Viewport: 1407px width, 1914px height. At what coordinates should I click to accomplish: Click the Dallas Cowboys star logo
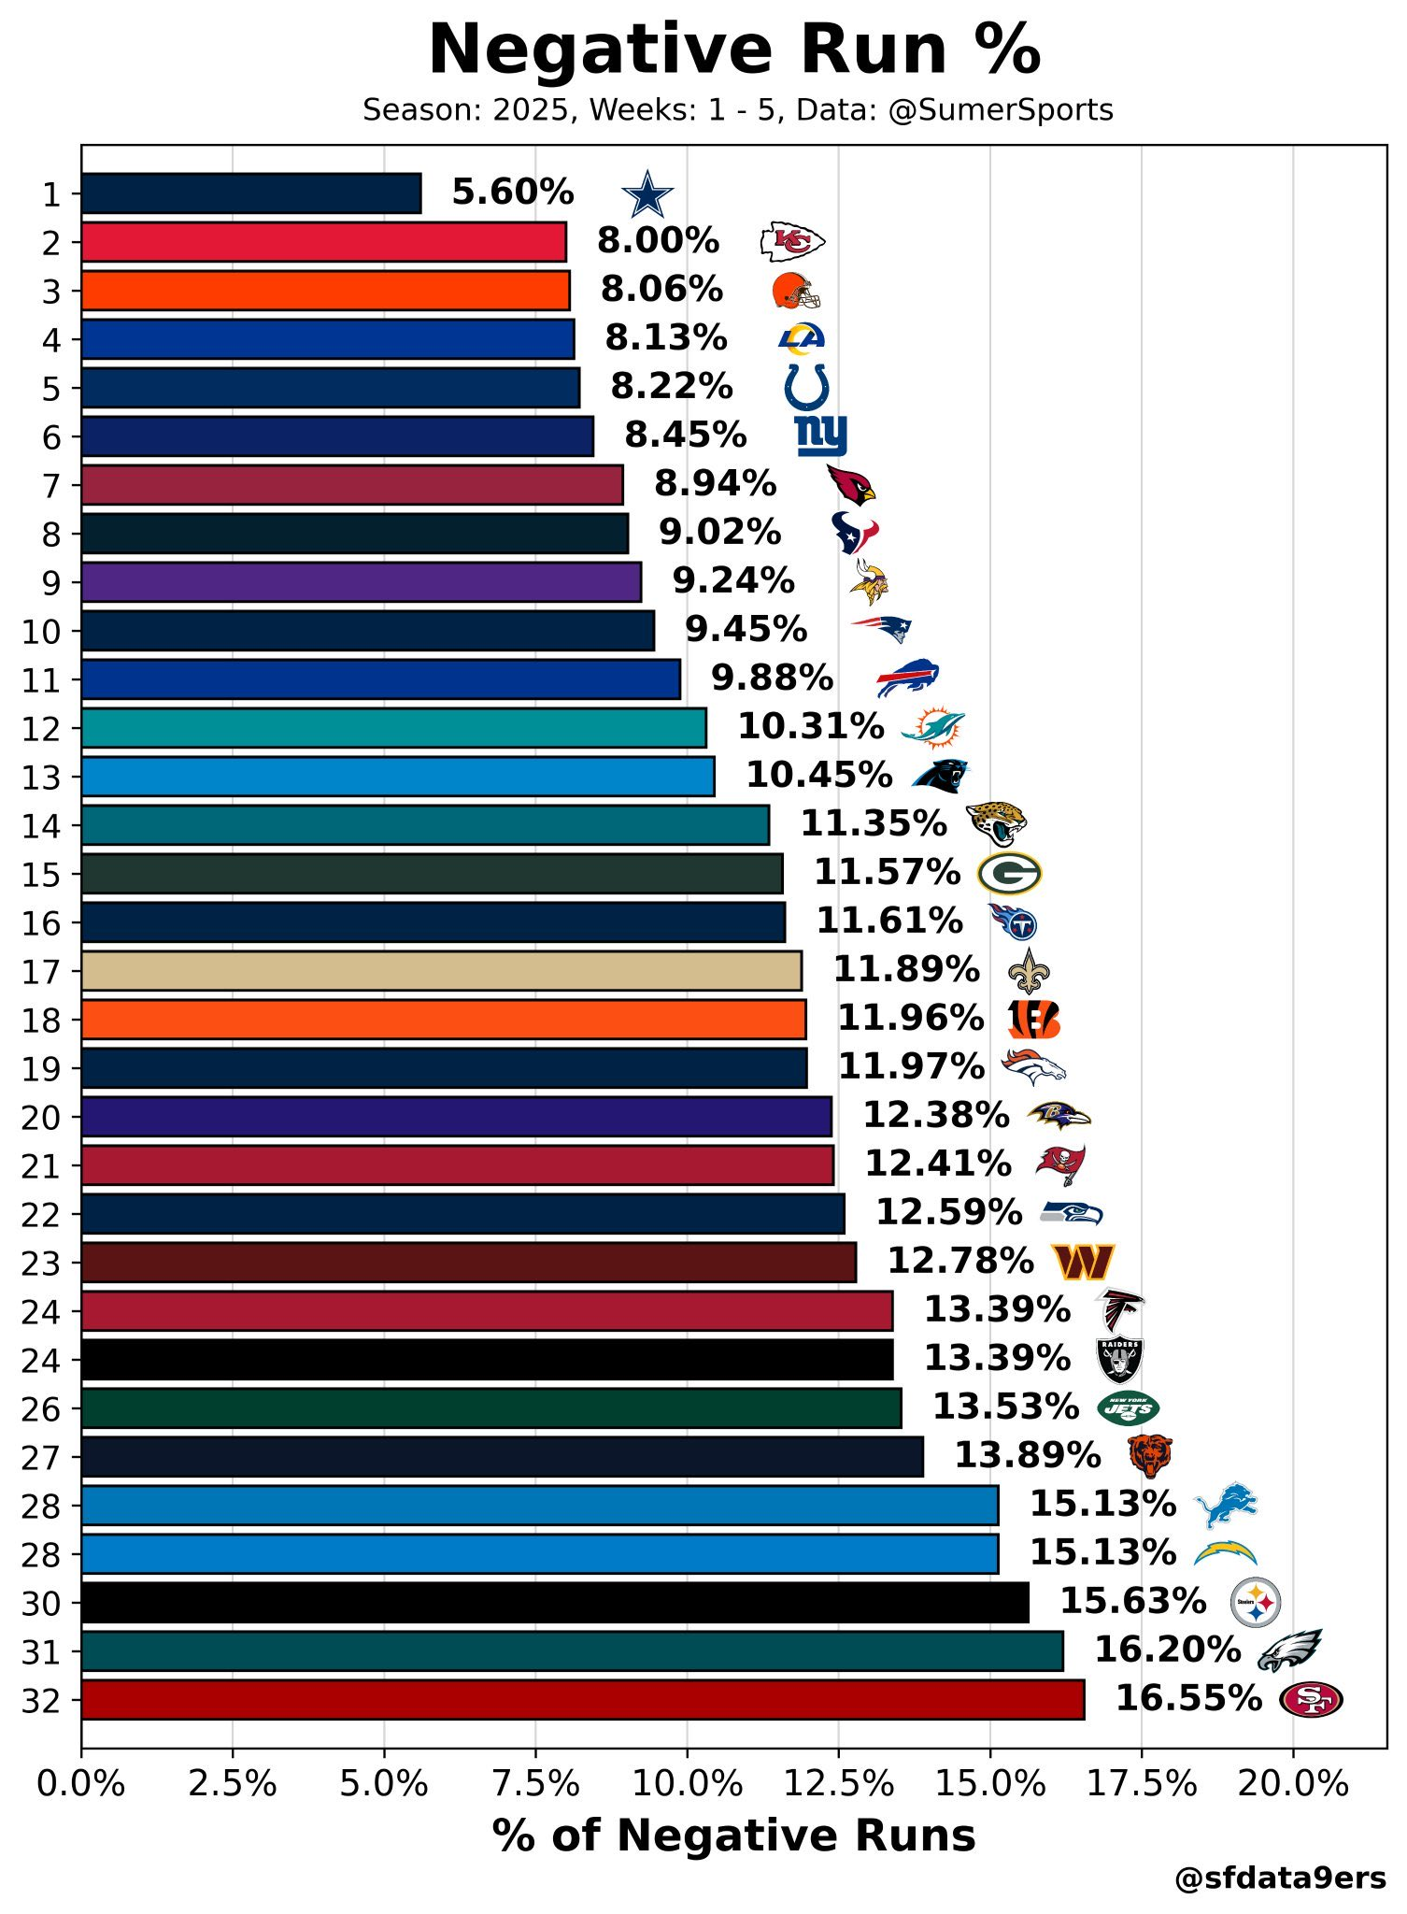[647, 194]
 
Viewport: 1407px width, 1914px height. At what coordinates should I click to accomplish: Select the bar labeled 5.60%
[251, 193]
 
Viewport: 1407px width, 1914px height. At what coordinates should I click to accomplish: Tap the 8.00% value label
[658, 241]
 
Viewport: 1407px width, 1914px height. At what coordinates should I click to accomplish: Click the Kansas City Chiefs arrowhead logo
[792, 242]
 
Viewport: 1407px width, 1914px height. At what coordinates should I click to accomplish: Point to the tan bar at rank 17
[441, 971]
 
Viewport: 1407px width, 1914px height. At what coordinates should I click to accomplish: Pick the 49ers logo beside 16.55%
[1310, 1699]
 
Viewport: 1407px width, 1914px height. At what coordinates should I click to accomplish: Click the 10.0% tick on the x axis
[687, 1784]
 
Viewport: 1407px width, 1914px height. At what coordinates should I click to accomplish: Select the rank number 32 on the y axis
[40, 1701]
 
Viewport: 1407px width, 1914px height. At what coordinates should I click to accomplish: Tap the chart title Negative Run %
[734, 50]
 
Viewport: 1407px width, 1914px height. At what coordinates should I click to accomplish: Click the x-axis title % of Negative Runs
[733, 1835]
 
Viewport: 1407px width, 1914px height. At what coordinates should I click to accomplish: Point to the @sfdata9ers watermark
[1280, 1878]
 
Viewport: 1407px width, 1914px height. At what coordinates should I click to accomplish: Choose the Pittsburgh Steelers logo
[1255, 1602]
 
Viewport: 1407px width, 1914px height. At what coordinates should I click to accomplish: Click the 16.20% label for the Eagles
[1167, 1650]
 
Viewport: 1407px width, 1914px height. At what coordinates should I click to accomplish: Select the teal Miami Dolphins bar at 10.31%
[393, 728]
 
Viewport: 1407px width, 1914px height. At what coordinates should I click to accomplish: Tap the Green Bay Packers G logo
[1009, 874]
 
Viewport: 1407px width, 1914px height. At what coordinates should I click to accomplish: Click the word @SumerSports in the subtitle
[1001, 110]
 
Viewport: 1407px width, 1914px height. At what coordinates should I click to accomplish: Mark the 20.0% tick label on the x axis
[1292, 1784]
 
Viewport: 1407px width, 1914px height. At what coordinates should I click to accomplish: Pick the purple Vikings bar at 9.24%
[361, 582]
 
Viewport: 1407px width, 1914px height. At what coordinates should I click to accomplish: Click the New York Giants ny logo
[821, 436]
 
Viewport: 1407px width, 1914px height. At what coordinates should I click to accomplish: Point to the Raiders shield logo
[1119, 1360]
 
